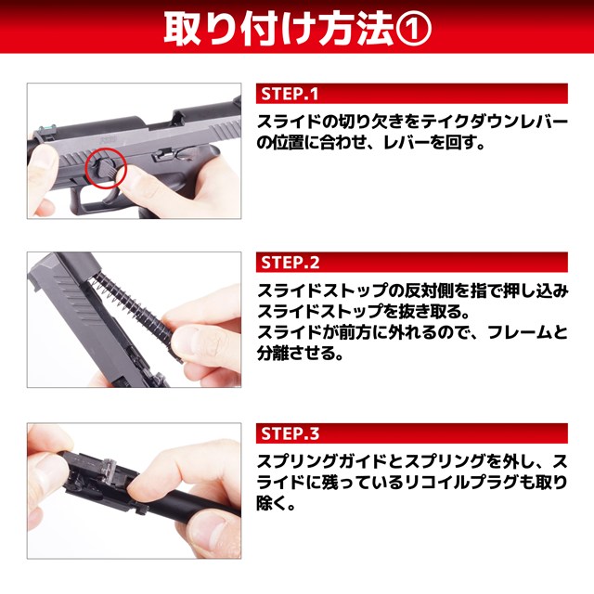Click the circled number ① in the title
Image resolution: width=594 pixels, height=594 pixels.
413,30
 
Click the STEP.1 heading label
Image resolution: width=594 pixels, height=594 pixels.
290,94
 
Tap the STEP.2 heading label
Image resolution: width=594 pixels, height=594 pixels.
291,262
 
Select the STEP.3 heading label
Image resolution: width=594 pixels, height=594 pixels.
291,433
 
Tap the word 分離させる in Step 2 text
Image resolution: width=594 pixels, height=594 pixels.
295,353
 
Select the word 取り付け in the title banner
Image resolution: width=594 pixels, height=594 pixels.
239,30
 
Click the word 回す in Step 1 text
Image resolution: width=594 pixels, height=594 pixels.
461,143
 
